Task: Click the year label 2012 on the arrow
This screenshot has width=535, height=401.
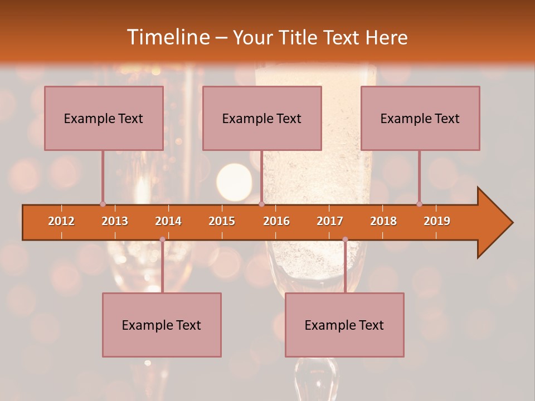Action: coord(61,221)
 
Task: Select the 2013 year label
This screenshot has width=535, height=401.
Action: coord(115,221)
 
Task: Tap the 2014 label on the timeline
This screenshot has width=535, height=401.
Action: coord(168,221)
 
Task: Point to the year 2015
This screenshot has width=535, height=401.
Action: coord(222,221)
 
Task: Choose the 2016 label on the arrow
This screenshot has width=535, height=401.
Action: coord(276,221)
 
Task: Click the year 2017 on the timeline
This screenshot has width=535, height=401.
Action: coord(330,221)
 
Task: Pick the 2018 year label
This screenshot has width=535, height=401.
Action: coord(383,221)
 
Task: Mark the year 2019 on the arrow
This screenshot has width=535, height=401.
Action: coord(437,221)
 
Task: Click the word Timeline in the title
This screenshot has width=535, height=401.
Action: coord(167,38)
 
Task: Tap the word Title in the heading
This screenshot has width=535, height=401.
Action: coord(299,38)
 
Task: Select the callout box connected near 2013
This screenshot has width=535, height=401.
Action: coord(104,118)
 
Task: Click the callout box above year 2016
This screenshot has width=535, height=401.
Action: coord(262,118)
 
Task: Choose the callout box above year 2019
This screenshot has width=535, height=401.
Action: coord(420,118)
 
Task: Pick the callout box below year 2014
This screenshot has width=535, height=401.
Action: coord(162,325)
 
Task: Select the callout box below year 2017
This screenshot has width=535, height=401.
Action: coord(344,325)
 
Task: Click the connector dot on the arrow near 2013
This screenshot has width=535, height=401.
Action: coord(103,204)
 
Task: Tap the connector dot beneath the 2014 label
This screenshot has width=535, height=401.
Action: coord(162,239)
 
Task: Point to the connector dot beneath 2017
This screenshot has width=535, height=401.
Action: coord(345,239)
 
